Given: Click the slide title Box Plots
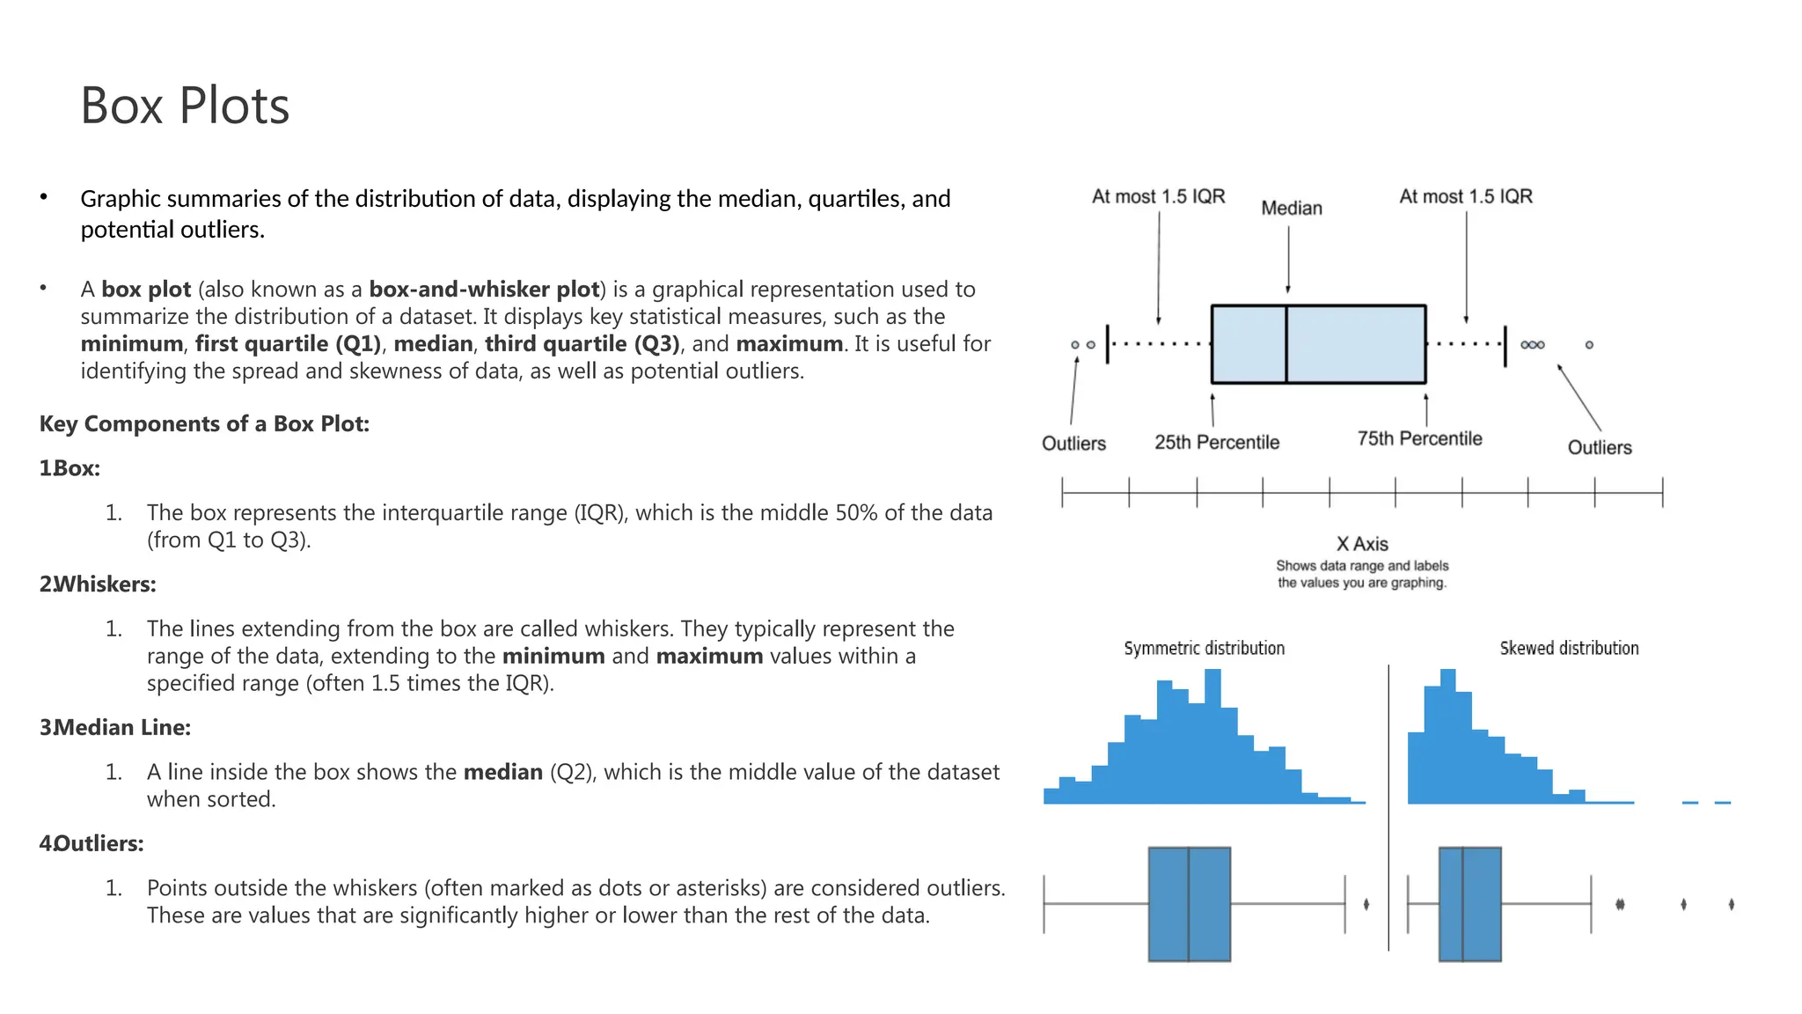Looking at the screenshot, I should [x=185, y=106].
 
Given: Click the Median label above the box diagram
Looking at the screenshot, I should [x=1291, y=208].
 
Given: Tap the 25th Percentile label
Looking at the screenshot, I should [x=1217, y=442].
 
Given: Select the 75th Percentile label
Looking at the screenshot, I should [x=1419, y=438].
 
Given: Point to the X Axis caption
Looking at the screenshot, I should [x=1362, y=544].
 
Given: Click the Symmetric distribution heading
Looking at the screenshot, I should [x=1204, y=648].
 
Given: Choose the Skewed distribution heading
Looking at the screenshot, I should [x=1569, y=648].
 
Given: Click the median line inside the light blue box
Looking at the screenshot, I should [x=1286, y=344].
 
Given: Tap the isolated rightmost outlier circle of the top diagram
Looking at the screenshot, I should [x=1589, y=345].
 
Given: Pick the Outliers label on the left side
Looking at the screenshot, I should [x=1073, y=443].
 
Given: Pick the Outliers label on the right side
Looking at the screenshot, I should [x=1599, y=447].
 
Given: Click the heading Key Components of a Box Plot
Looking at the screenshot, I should [x=204, y=423].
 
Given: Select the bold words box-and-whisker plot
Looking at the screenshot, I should [x=484, y=289].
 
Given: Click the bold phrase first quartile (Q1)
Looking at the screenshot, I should [x=288, y=343].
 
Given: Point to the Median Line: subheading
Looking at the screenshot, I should [x=121, y=727].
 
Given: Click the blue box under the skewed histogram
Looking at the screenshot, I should [x=1469, y=904].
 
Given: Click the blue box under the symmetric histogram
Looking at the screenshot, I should [x=1189, y=904].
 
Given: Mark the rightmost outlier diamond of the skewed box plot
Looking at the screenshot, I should [x=1731, y=904].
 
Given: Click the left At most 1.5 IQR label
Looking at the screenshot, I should [x=1158, y=196].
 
